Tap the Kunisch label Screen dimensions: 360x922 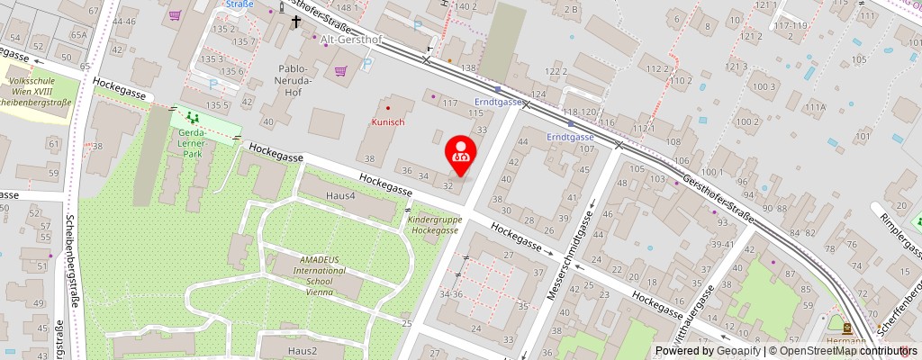pyautogui.click(x=388, y=121)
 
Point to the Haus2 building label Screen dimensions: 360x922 pyautogui.click(x=302, y=350)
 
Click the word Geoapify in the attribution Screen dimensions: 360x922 pyautogui.click(x=737, y=351)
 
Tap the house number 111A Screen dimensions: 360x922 pyautogui.click(x=816, y=107)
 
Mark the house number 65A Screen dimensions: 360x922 pyautogui.click(x=79, y=35)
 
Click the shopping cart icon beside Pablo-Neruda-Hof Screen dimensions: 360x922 pyautogui.click(x=340, y=70)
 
